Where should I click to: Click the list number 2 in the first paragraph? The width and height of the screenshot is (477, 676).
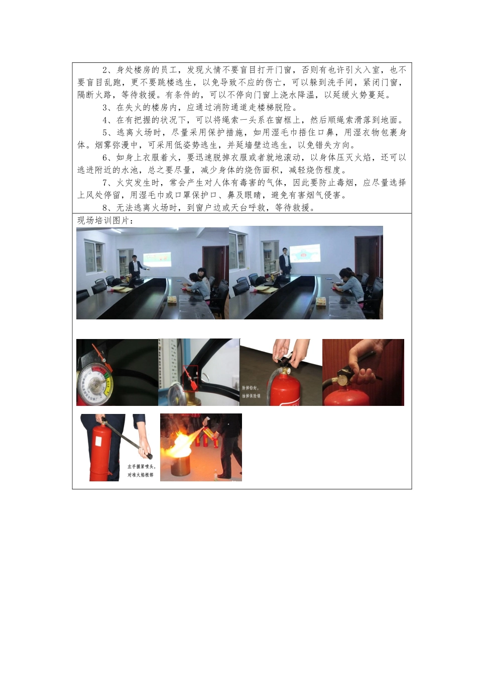click(x=105, y=70)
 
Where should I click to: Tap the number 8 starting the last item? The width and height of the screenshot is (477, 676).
click(x=105, y=208)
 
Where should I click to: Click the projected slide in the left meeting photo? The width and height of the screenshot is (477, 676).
click(x=157, y=260)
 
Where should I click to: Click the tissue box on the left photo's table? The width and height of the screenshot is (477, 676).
click(x=172, y=299)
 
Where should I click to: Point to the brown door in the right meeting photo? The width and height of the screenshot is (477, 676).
click(x=366, y=257)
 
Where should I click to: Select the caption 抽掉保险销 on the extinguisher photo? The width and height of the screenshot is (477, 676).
click(x=251, y=396)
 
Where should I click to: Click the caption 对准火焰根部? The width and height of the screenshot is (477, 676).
click(x=141, y=474)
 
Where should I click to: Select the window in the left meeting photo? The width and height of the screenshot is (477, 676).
click(x=94, y=257)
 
